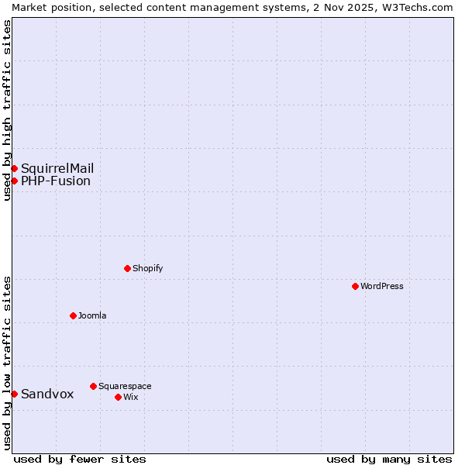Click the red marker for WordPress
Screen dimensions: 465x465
point(355,286)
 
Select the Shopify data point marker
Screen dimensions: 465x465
point(127,268)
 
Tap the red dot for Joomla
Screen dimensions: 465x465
point(73,315)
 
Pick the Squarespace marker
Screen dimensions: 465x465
point(93,386)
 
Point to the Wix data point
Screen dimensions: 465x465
point(118,397)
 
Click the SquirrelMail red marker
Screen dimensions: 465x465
point(14,168)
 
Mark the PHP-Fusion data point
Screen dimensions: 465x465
point(14,181)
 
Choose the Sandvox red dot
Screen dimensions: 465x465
point(14,394)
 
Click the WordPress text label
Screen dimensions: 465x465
point(382,286)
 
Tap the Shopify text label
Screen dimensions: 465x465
point(147,268)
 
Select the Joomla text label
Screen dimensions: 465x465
point(92,315)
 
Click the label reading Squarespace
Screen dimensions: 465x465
point(125,386)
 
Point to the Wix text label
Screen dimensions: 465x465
point(131,397)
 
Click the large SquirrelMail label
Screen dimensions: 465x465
point(57,168)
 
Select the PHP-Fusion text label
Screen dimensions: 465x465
point(56,181)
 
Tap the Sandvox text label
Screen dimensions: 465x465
point(47,394)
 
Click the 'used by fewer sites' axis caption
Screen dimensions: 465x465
point(80,459)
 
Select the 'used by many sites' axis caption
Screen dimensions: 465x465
point(389,459)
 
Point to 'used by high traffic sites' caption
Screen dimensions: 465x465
point(7,110)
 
